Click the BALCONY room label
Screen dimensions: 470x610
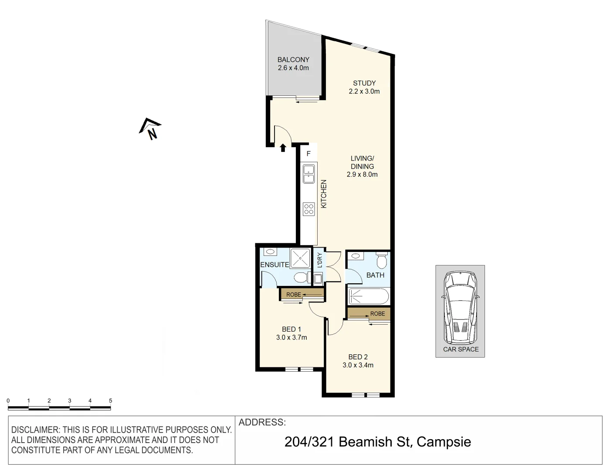point(293,60)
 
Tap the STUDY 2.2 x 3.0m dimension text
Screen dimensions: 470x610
point(364,91)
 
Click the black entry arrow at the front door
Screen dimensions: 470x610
point(283,148)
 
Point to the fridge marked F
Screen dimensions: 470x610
point(308,154)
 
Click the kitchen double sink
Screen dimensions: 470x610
point(308,174)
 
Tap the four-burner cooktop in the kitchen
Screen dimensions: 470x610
point(308,209)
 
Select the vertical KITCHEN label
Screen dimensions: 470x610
point(324,194)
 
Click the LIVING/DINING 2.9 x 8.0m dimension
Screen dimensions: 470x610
point(362,175)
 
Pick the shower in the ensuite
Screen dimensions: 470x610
point(300,258)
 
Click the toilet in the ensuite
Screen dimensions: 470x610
point(300,277)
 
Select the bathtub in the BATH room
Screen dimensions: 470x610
point(368,297)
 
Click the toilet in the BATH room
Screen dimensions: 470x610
point(382,261)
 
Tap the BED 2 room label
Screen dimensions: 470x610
point(358,357)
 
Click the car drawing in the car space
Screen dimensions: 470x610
point(460,307)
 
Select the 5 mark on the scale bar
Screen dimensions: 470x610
point(110,401)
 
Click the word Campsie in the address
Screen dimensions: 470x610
point(444,442)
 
